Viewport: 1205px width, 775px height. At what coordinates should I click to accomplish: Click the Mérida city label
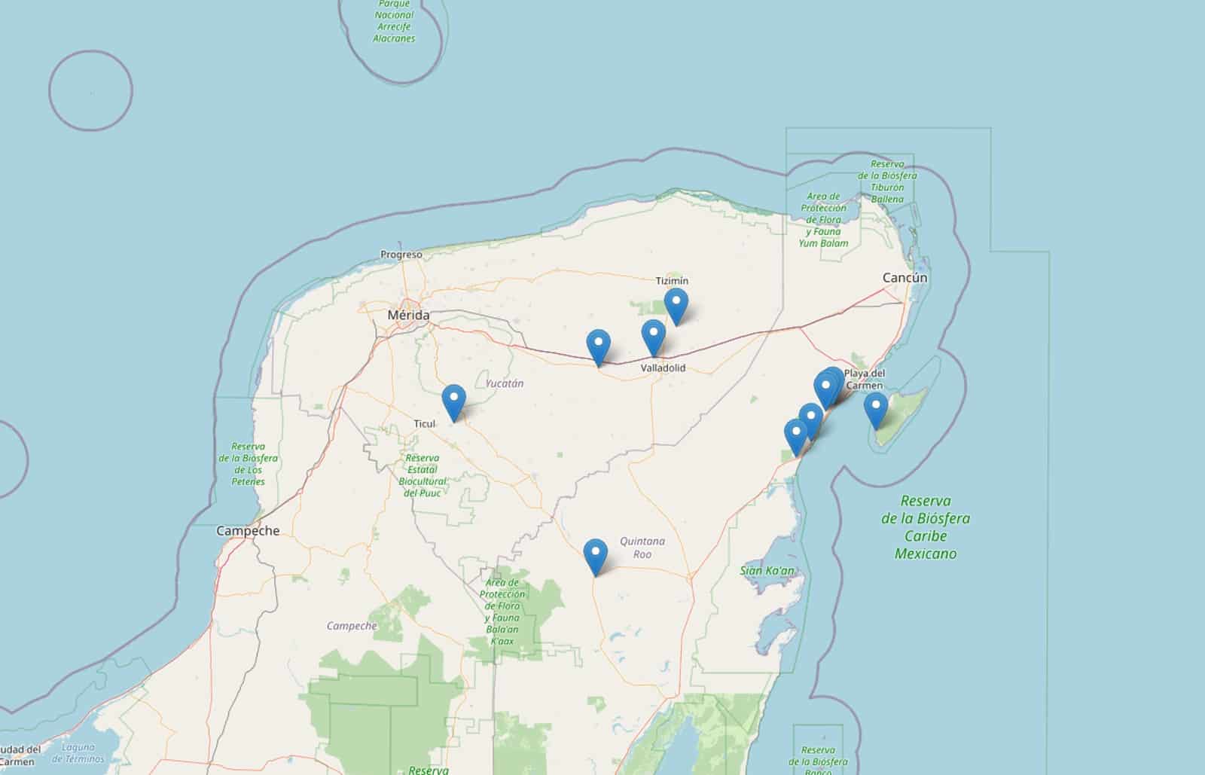pos(408,315)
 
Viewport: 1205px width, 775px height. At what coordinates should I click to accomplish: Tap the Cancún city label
pos(905,278)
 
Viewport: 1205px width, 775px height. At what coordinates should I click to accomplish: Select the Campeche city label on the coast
pos(248,530)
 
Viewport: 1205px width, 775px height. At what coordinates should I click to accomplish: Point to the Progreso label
pos(401,255)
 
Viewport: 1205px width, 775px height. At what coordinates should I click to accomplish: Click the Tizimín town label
pos(672,281)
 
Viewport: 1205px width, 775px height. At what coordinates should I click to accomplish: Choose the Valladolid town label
pos(663,368)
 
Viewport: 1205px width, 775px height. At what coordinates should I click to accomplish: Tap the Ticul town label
pos(425,423)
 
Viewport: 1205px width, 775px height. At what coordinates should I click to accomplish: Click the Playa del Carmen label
pos(865,379)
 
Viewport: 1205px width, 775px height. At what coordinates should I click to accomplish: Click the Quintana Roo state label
pos(642,548)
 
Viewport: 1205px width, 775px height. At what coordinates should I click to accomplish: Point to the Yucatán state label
pos(505,383)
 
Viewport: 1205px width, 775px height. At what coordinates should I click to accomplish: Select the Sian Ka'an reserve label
pos(767,571)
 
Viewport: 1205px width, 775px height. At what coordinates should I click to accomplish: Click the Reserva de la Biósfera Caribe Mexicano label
pos(926,526)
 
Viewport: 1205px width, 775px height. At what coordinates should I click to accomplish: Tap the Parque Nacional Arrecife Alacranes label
pos(394,21)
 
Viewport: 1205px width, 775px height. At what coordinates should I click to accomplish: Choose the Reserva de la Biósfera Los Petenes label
pos(249,464)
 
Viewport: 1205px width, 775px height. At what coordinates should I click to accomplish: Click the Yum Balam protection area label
pos(823,219)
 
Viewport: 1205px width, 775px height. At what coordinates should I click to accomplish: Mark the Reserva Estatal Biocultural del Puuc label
pos(423,474)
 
